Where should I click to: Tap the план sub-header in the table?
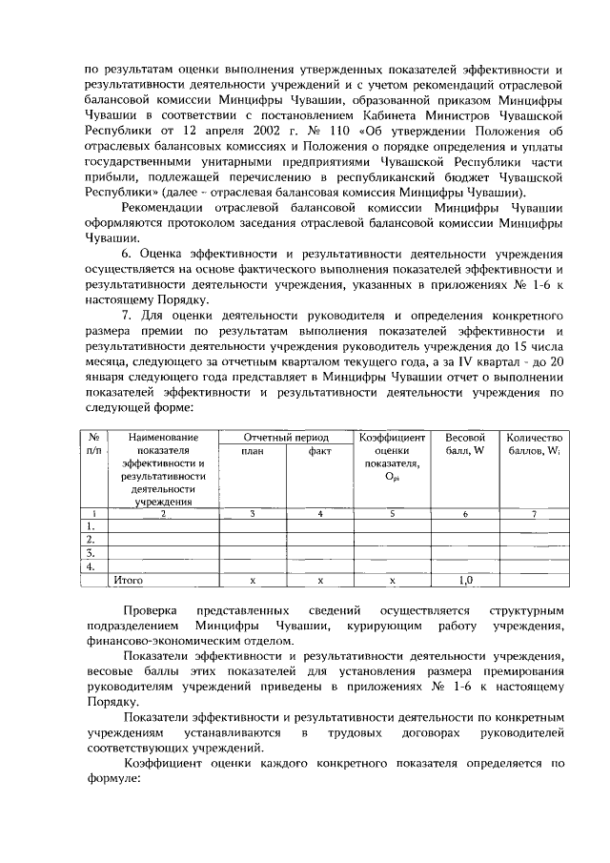tap(252, 452)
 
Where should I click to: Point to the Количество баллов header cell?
tap(534, 443)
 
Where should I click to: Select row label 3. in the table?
tap(91, 552)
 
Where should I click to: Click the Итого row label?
tap(128, 579)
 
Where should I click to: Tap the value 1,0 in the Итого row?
tap(465, 579)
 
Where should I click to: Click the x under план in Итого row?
tap(252, 579)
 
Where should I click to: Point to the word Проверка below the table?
tap(151, 609)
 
